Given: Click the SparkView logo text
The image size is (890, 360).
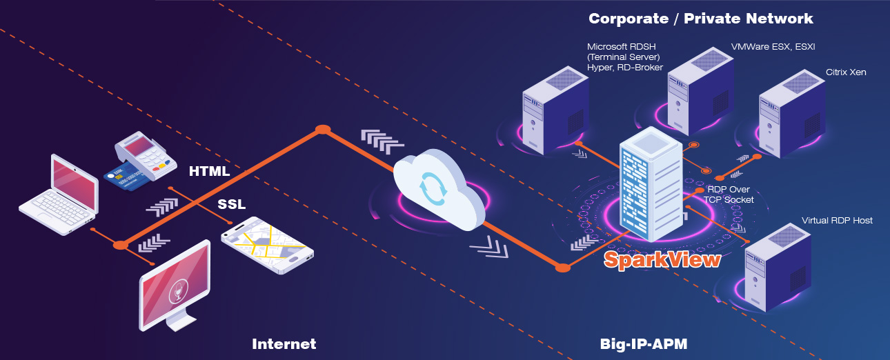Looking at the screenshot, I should click(662, 259).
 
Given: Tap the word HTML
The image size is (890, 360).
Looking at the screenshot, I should click(209, 170).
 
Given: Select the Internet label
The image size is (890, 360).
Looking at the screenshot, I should click(284, 343).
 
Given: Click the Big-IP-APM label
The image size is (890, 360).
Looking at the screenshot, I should click(643, 343).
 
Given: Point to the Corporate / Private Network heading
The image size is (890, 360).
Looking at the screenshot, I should click(700, 19).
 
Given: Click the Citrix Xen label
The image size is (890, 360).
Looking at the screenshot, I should click(846, 72).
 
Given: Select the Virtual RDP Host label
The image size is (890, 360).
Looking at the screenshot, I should click(837, 221).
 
